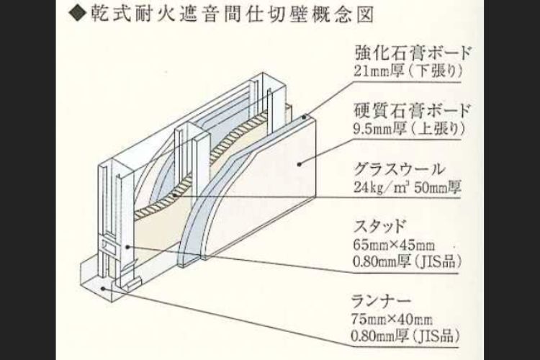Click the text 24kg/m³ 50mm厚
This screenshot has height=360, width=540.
point(407,190)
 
